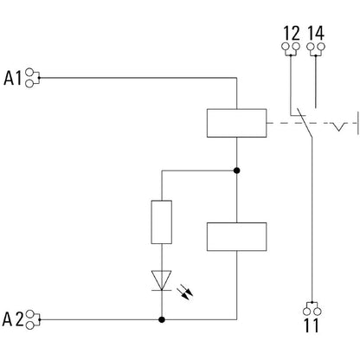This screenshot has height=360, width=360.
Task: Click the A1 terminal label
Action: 13,78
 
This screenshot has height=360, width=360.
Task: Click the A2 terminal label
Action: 13,319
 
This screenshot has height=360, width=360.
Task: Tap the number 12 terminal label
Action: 292,34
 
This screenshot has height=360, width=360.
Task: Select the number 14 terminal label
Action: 316,33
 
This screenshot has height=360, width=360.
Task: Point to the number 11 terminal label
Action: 312,325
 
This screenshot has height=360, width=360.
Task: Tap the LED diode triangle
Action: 162,280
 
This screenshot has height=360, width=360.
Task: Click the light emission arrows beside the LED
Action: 185,292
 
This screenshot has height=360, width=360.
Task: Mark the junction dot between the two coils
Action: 237,170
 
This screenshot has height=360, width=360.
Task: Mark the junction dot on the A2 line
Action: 162,319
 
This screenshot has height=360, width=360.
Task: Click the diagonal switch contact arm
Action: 305,123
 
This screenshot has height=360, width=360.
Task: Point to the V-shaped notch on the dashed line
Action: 338,126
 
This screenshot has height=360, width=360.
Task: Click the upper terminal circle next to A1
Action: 29,72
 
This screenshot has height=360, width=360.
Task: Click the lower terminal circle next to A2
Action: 29,325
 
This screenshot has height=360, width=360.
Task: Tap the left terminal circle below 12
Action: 285,47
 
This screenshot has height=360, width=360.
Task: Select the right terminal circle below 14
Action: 321,47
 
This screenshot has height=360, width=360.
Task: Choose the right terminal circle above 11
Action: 318,312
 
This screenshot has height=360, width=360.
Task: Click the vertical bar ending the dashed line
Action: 358,123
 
